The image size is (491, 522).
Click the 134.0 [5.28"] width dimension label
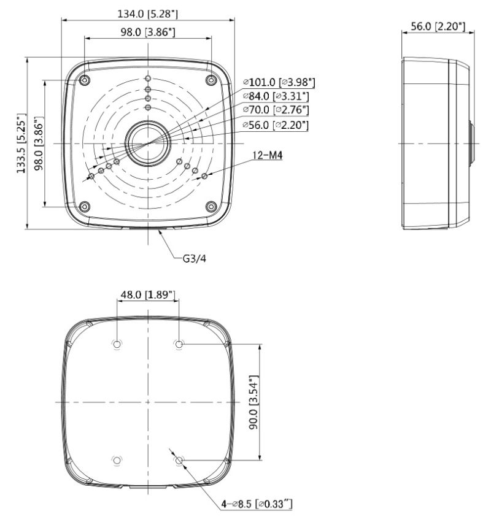pyautogui.click(x=148, y=13)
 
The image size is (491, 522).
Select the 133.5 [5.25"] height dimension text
pyautogui.click(x=21, y=143)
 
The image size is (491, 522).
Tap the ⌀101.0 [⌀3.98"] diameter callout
pyautogui.click(x=279, y=82)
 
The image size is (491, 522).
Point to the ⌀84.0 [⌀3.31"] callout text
pyautogui.click(x=276, y=96)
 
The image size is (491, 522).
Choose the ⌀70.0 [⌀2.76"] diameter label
pyautogui.click(x=276, y=110)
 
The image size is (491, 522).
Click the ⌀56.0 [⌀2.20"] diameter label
pyautogui.click(x=276, y=125)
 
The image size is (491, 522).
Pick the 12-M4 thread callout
pyautogui.click(x=268, y=155)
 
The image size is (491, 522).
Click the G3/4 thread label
pyautogui.click(x=195, y=259)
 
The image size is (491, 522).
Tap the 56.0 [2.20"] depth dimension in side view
pyautogui.click(x=438, y=26)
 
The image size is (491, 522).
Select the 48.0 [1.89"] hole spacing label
pyautogui.click(x=147, y=295)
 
